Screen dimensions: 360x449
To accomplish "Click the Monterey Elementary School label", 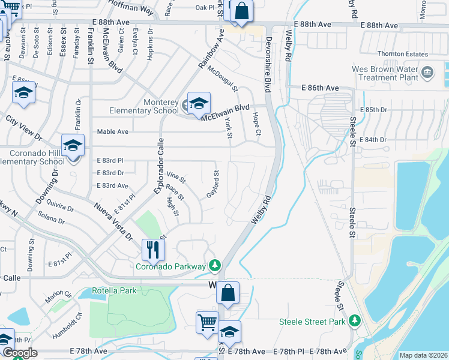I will (x=143, y=106).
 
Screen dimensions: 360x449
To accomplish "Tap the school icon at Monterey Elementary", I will (x=198, y=104).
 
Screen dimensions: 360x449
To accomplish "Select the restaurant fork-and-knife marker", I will (x=153, y=249).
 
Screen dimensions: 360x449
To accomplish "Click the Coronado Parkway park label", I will (x=171, y=266).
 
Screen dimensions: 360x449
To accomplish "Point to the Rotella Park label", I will (x=114, y=291).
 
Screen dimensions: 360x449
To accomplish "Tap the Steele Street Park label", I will (x=312, y=322).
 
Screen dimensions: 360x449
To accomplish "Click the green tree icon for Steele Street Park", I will (x=355, y=322).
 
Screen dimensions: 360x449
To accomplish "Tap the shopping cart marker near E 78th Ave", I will (x=207, y=322).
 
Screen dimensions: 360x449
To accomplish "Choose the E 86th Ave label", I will (x=321, y=88).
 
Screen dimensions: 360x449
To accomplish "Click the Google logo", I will (x=20, y=353).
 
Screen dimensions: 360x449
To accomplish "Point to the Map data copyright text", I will (x=423, y=355).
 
